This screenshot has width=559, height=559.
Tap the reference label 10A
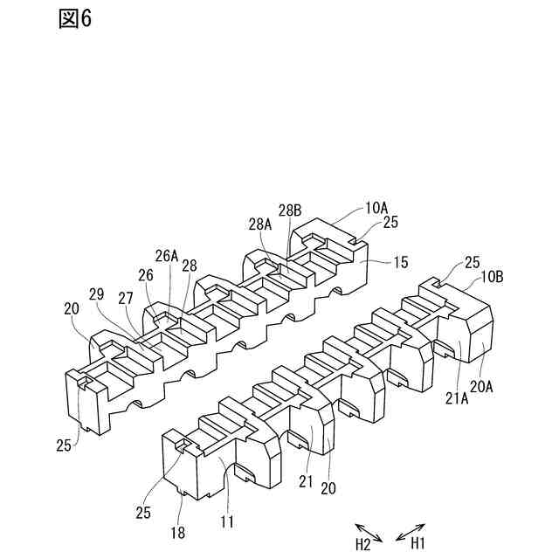[x=376, y=208]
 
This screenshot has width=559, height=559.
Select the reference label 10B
[x=491, y=277]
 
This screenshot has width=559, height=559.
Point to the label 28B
[x=290, y=210]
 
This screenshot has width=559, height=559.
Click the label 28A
[x=259, y=224]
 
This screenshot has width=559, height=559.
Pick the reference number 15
[x=399, y=260]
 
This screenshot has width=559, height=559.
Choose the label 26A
[x=167, y=256]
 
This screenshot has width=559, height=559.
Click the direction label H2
[x=363, y=544]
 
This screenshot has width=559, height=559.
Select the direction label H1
[x=418, y=544]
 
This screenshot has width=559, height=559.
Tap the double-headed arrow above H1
[x=411, y=529]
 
